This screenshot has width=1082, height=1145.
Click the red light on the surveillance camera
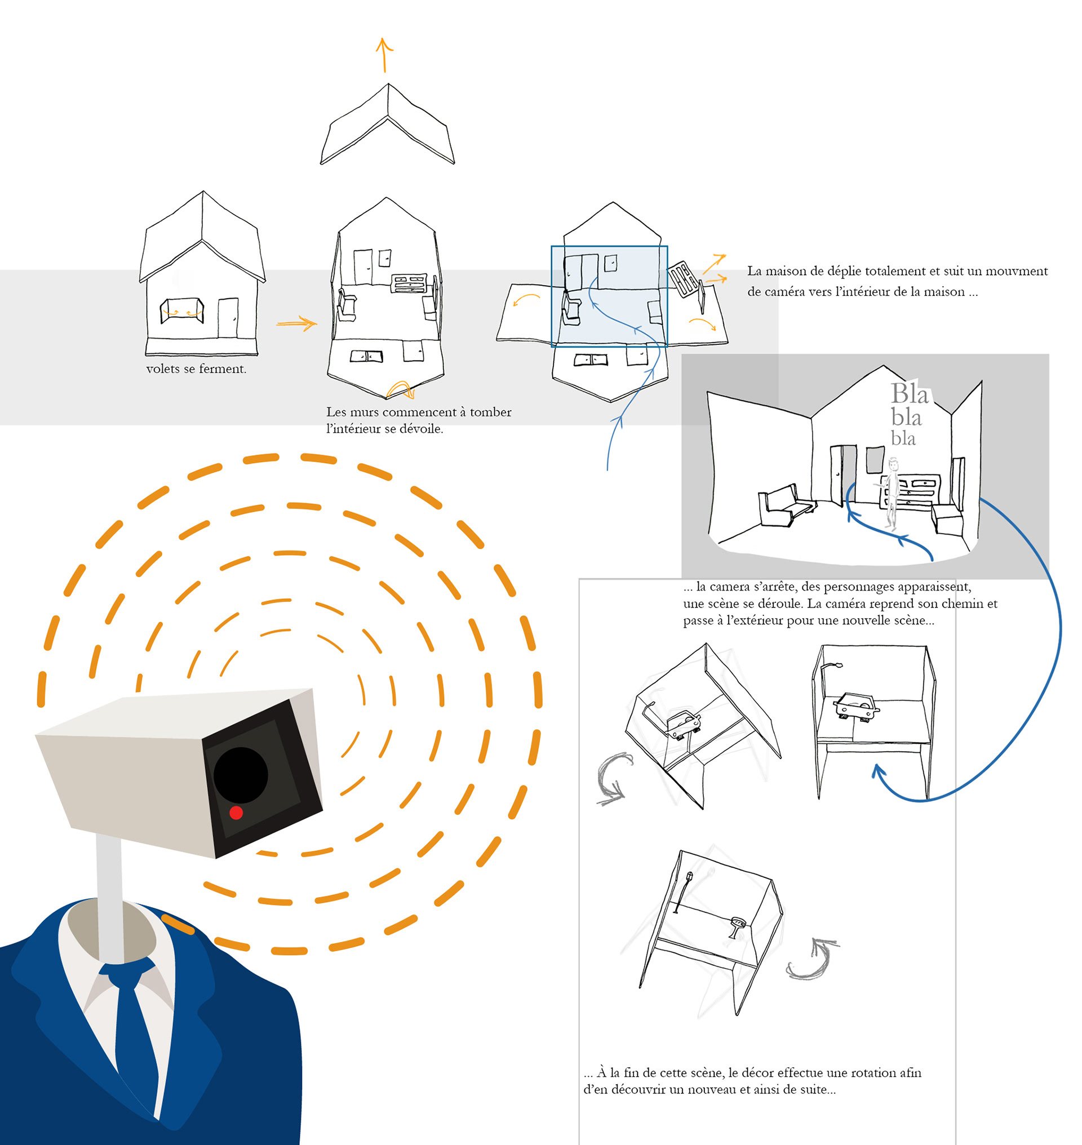click(x=236, y=813)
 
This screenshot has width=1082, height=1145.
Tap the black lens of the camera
click(x=241, y=775)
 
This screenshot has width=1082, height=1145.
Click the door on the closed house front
click(x=228, y=318)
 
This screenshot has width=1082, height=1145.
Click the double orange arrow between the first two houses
click(x=296, y=323)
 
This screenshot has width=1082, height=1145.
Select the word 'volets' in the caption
click(x=163, y=369)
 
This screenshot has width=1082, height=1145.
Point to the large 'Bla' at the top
click(x=910, y=394)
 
